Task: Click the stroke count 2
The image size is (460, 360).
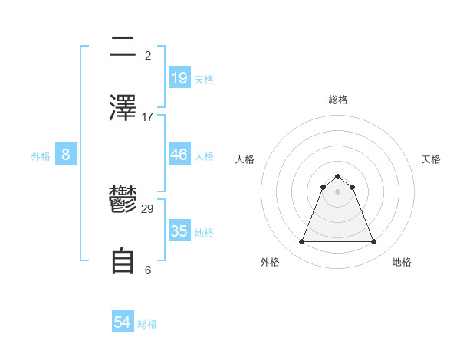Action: (x=148, y=55)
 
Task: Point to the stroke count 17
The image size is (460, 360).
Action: (x=148, y=116)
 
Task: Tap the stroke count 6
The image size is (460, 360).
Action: (x=148, y=270)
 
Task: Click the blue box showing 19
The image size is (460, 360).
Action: (x=179, y=77)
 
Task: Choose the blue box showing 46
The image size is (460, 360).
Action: (x=179, y=154)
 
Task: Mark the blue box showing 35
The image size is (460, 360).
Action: (x=179, y=231)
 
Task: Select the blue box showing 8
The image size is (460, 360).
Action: (x=66, y=154)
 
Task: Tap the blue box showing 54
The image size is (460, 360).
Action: (x=123, y=322)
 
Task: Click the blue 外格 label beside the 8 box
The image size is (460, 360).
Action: (x=41, y=155)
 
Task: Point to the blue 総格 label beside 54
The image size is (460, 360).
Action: (x=147, y=324)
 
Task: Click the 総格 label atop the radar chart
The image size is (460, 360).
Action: (x=337, y=100)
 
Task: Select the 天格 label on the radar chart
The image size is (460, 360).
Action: (x=432, y=159)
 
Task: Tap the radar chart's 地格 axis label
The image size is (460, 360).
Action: (x=402, y=262)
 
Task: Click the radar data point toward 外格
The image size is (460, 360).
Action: (x=301, y=242)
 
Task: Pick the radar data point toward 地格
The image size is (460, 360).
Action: (x=373, y=242)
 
